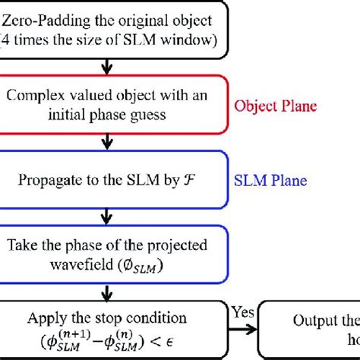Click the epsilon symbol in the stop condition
click(x=201, y=338)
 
